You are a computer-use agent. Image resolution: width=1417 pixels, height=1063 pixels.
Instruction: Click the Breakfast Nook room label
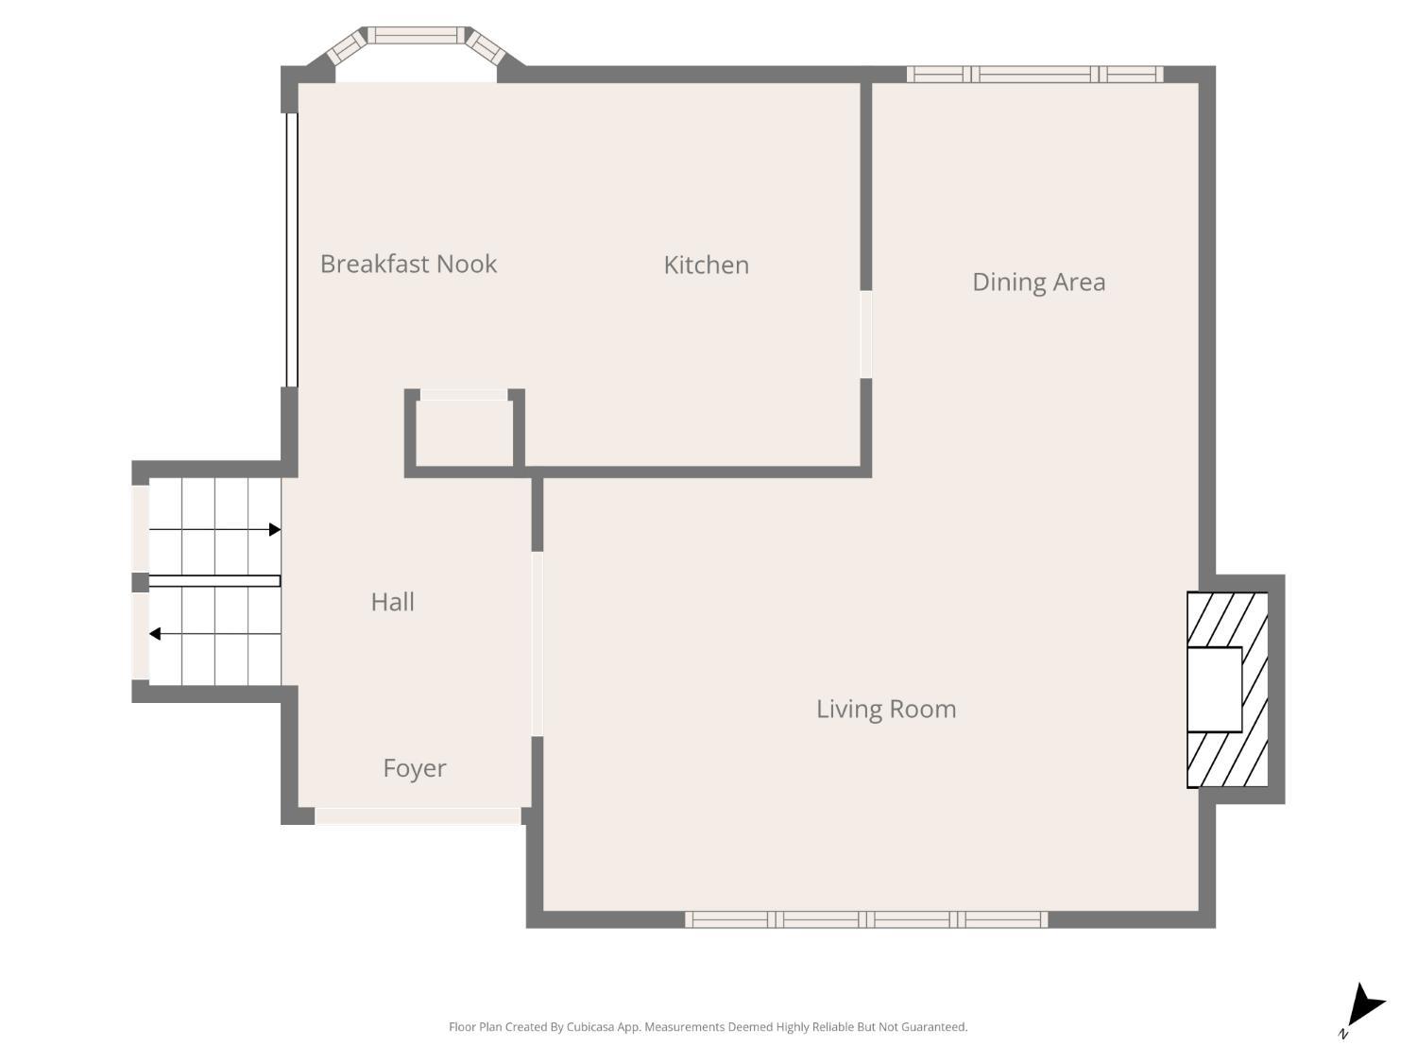point(408,264)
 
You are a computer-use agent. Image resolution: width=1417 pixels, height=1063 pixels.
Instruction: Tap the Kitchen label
point(706,265)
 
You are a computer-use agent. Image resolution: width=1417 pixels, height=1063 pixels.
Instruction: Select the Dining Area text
point(1038,282)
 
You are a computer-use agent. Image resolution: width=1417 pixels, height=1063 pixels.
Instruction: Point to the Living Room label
point(886,709)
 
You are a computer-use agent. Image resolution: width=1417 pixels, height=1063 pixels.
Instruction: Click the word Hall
point(392,602)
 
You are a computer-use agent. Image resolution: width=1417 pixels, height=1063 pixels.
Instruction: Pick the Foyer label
point(414,768)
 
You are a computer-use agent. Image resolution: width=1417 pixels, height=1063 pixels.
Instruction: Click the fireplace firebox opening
point(1214,689)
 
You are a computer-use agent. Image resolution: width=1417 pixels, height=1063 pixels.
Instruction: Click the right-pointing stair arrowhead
point(275,529)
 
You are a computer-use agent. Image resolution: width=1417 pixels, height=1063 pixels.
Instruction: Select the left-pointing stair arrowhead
point(155,634)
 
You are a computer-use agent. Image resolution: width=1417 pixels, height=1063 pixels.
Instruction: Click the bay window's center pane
point(416,36)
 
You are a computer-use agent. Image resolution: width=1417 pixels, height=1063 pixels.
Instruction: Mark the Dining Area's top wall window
point(1034,74)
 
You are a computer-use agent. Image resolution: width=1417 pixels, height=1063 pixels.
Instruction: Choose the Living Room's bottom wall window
point(866,919)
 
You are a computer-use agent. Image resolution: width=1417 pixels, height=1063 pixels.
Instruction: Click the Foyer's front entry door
point(418,815)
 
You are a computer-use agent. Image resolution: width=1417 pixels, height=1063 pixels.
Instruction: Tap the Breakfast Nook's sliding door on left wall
point(292,249)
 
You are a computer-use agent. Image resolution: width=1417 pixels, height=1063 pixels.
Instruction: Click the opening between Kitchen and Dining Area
point(865,334)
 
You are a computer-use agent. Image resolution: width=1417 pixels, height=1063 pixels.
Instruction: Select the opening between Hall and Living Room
point(538,643)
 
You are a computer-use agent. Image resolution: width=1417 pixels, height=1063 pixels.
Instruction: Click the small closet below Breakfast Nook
point(465,433)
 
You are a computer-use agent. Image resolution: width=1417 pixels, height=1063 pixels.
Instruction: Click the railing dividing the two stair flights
point(214,581)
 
